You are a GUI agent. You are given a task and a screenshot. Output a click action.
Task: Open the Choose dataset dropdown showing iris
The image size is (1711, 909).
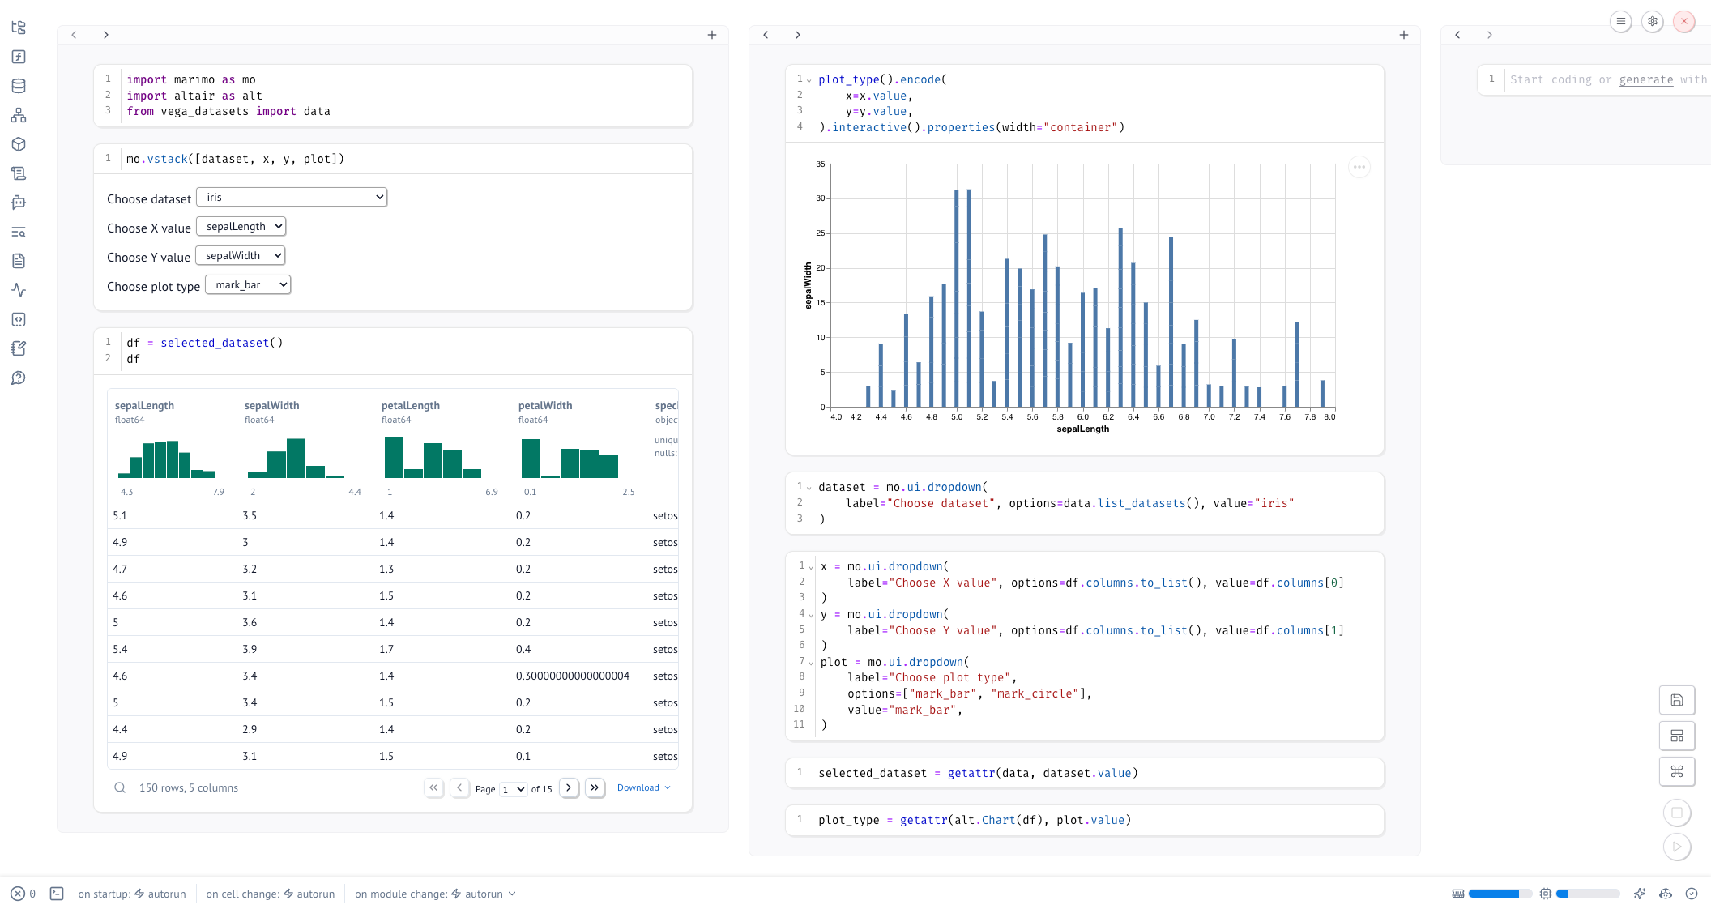[x=292, y=198]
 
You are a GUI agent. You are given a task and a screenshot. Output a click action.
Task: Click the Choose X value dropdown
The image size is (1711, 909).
[x=241, y=227]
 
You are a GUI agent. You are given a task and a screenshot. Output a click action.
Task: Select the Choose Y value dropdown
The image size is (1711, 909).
[x=241, y=256]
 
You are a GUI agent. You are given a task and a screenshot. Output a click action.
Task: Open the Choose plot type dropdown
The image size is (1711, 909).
[x=248, y=285]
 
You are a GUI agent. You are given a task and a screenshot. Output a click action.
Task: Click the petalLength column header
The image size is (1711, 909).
[x=411, y=406]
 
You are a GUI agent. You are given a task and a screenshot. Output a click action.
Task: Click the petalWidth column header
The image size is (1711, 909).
[x=545, y=406]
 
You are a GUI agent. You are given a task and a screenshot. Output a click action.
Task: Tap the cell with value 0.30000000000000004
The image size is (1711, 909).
[x=573, y=676]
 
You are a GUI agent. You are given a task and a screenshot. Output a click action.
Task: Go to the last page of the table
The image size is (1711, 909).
[x=595, y=787]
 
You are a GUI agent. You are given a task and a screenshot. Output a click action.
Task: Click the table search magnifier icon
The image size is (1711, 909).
[x=120, y=787]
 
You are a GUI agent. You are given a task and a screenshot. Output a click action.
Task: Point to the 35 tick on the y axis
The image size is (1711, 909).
[x=821, y=164]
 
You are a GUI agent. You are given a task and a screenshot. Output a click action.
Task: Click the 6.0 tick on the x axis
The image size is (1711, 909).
[x=1083, y=417]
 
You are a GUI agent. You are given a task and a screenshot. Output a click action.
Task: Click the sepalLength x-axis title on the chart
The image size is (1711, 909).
[x=1083, y=429]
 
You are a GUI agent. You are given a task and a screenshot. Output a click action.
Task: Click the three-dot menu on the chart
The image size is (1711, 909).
[x=1359, y=168]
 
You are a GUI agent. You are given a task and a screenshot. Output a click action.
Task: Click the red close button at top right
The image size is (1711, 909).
[x=1684, y=22]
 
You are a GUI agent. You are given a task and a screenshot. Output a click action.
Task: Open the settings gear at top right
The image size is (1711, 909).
[x=1653, y=22]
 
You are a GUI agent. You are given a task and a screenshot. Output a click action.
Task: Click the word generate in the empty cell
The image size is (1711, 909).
[x=1646, y=79]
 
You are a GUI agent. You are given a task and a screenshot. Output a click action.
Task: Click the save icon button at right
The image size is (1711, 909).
[x=1677, y=700]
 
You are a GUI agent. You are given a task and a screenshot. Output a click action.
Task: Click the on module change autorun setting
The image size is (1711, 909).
[x=435, y=894]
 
